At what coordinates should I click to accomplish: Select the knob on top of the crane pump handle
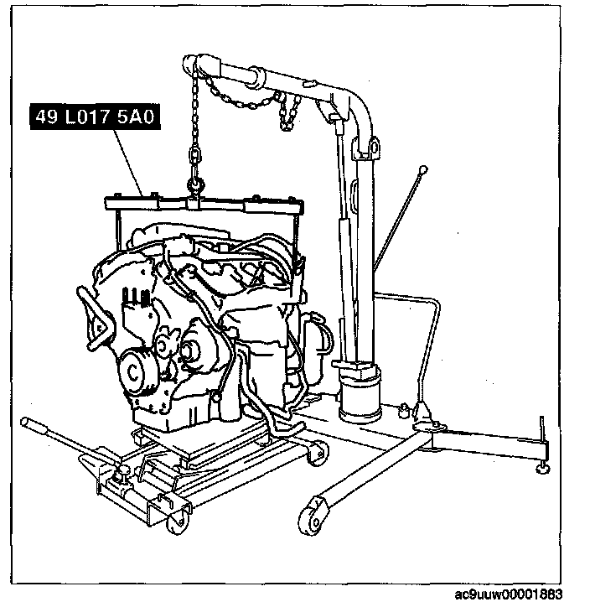[x=423, y=171]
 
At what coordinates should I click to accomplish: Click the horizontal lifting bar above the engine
[x=201, y=202]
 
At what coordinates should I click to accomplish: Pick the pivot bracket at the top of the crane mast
[x=368, y=149]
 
